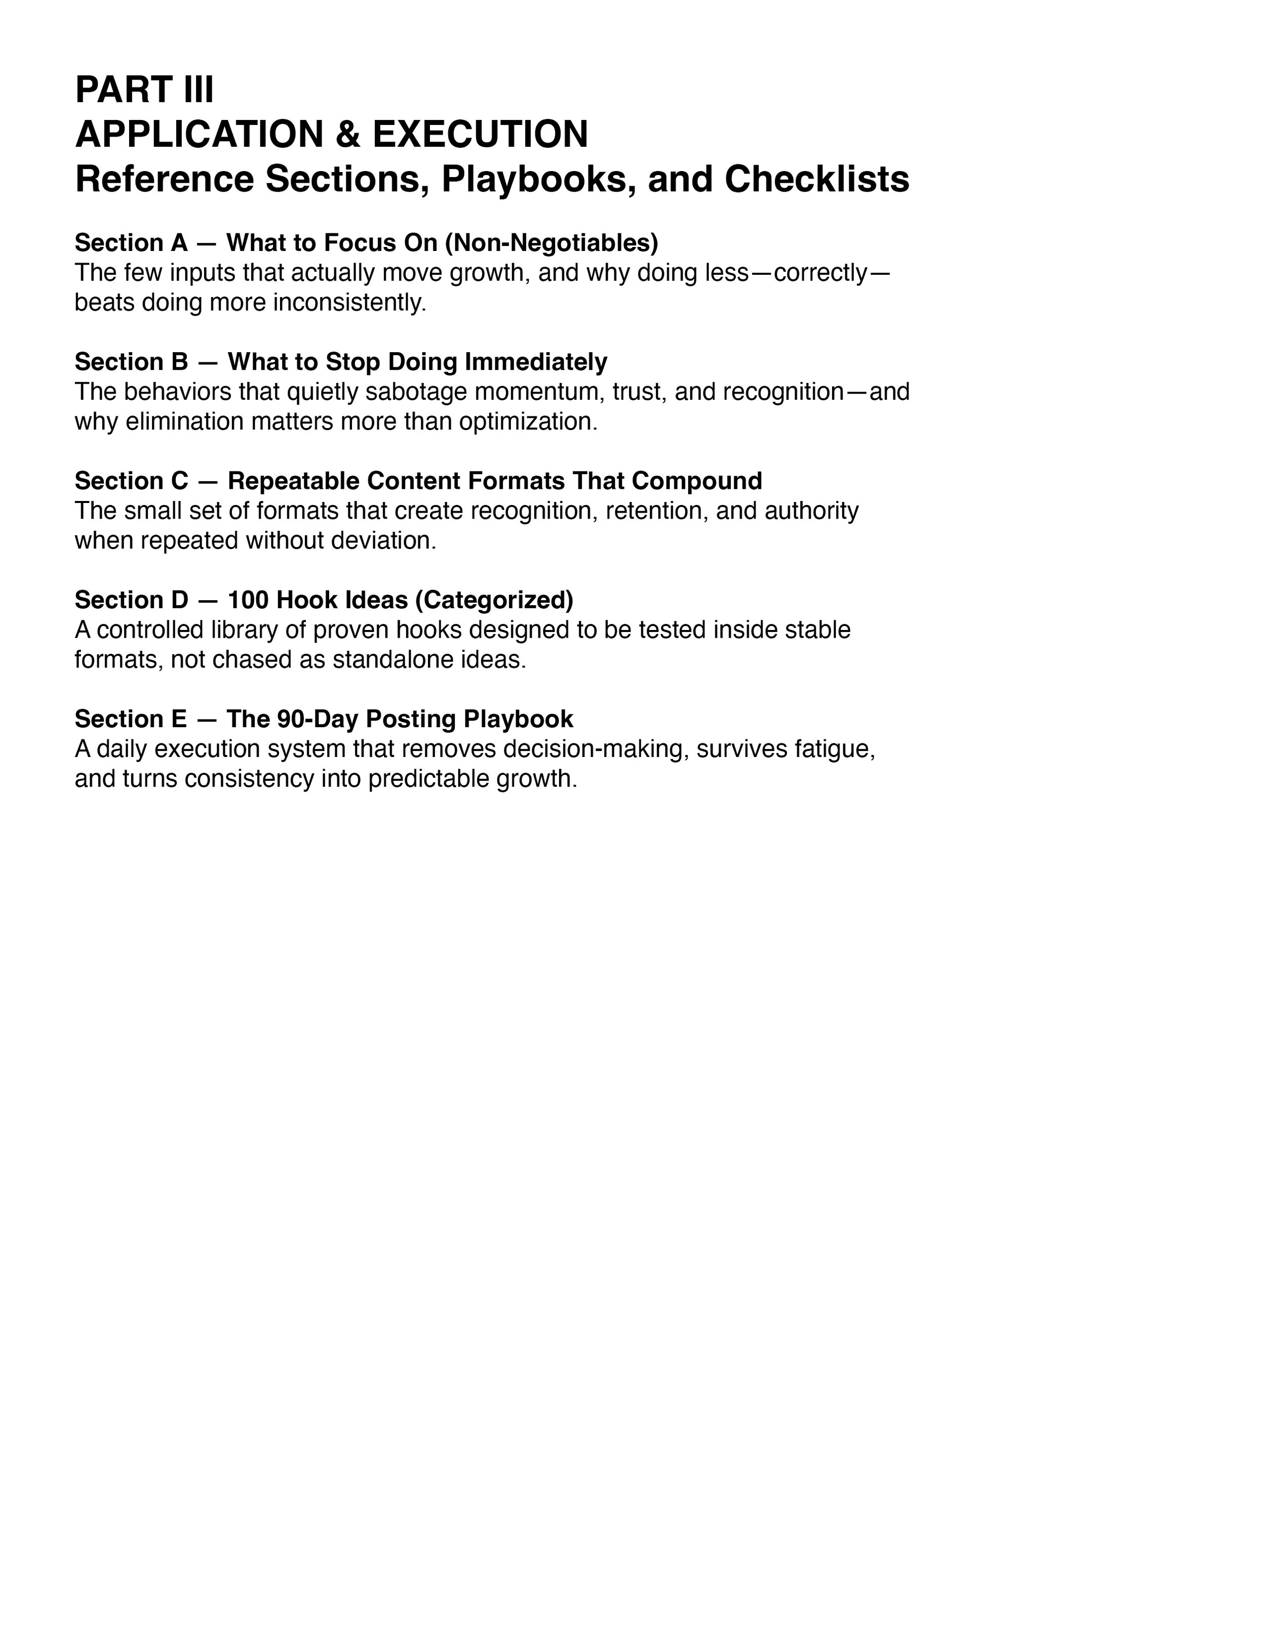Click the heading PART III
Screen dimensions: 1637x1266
[144, 90]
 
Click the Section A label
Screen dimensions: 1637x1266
[131, 243]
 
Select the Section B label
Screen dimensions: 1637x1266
[131, 362]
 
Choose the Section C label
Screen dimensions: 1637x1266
[131, 480]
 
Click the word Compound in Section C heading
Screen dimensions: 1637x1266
[697, 480]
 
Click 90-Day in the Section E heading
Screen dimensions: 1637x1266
[318, 719]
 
